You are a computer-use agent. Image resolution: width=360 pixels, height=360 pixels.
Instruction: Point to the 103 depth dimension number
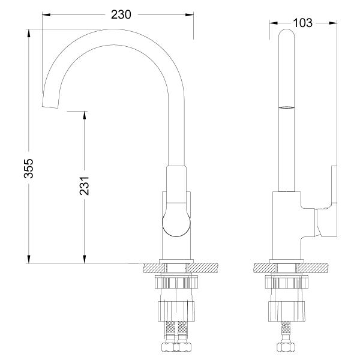click(304, 23)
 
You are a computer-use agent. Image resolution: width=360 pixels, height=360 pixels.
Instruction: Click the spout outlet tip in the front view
click(51, 104)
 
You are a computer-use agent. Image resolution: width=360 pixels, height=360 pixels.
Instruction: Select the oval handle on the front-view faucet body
click(176, 218)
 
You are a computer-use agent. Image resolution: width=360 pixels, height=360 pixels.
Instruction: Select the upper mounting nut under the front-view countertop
click(176, 283)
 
